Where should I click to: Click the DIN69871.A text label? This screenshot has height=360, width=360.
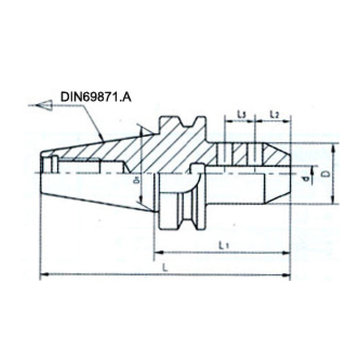click(96, 96)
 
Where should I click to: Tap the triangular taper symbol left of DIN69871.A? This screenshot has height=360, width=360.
click(45, 105)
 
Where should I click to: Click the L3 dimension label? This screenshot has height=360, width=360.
click(241, 114)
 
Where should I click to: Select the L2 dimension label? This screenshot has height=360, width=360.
click(274, 114)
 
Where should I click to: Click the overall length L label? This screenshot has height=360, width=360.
click(164, 267)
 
